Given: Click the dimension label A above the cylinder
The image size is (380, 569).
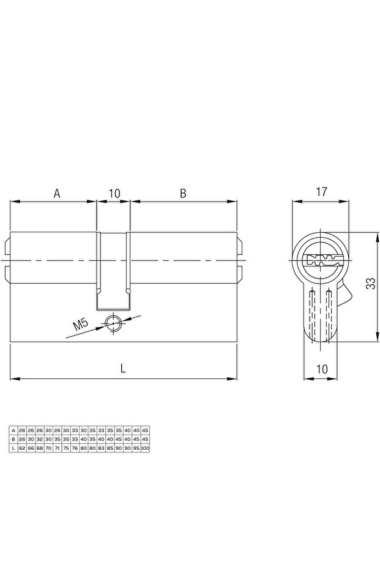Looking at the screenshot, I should pyautogui.click(x=57, y=193).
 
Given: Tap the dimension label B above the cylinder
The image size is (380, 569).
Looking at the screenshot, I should pyautogui.click(x=182, y=193).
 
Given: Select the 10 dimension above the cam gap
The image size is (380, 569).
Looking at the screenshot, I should pyautogui.click(x=114, y=193).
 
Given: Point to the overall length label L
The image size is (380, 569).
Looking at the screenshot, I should pyautogui.click(x=123, y=368).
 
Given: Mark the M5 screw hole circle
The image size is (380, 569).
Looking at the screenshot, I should pyautogui.click(x=113, y=323).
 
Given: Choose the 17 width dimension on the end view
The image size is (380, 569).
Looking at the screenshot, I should pyautogui.click(x=321, y=192).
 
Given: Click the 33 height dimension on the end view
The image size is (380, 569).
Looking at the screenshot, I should pyautogui.click(x=370, y=283).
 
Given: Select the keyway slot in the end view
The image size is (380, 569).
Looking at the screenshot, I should pyautogui.click(x=321, y=260).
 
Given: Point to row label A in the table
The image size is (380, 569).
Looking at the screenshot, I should pyautogui.click(x=13, y=430).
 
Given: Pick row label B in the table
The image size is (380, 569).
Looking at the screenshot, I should pyautogui.click(x=13, y=439).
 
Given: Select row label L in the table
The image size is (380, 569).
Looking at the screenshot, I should pyautogui.click(x=13, y=448).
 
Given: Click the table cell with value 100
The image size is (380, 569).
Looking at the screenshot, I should pyautogui.click(x=145, y=448).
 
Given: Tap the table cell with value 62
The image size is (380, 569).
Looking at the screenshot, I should pyautogui.click(x=22, y=448).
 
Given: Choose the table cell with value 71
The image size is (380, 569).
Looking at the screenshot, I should pyautogui.click(x=57, y=448).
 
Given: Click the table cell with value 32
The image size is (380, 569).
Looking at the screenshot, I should pyautogui.click(x=40, y=439).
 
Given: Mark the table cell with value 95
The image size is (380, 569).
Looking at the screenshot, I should pyautogui.click(x=136, y=448).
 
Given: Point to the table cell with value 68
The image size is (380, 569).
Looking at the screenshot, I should pyautogui.click(x=40, y=448).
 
